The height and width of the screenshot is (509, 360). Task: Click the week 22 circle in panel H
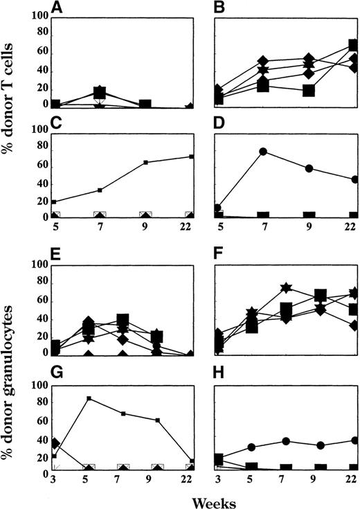click(354, 440)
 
